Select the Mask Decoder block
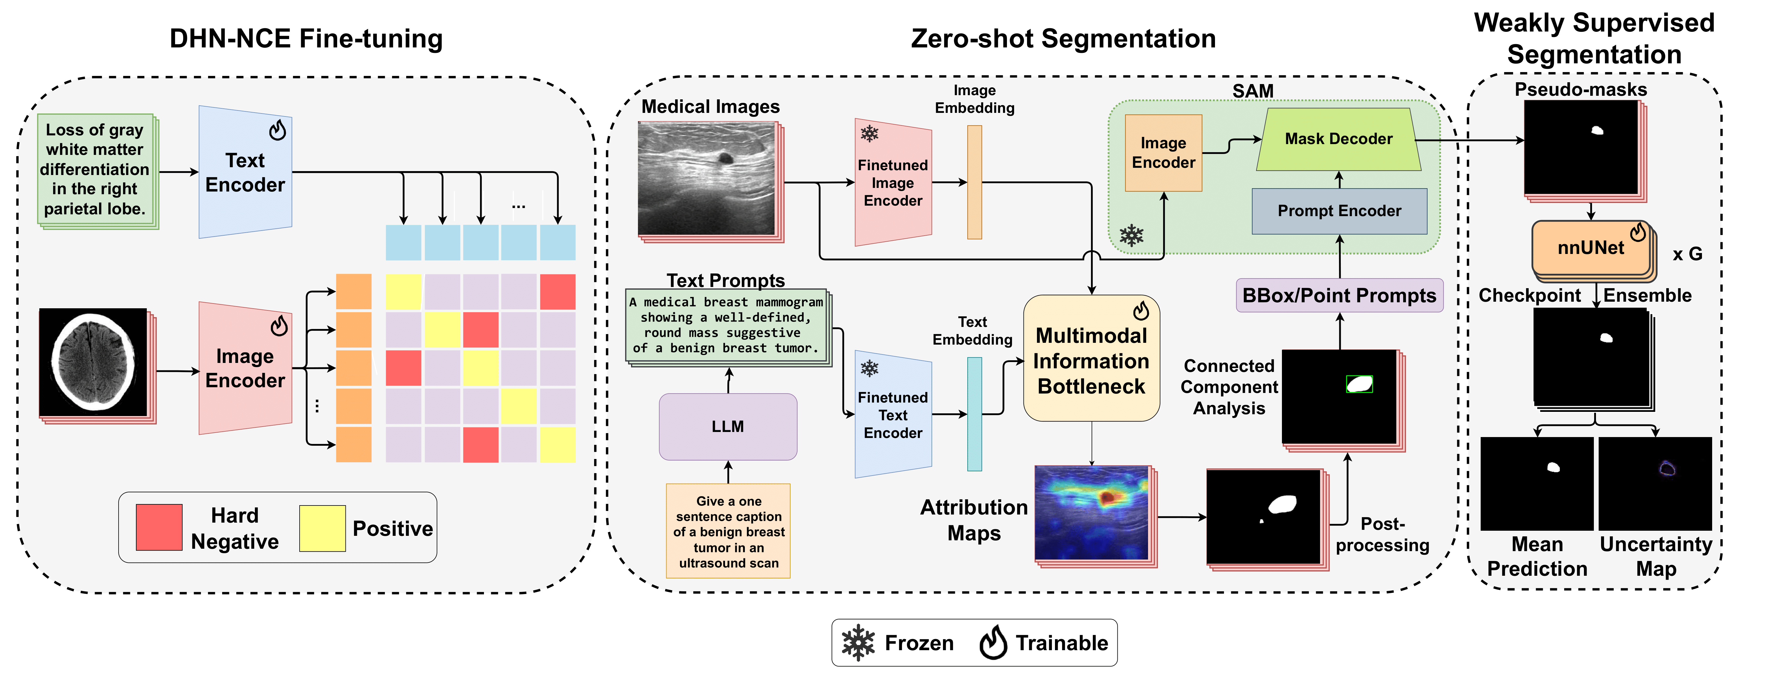[1338, 139]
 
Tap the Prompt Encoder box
[1339, 211]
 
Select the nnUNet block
[1590, 249]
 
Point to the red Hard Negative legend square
[159, 527]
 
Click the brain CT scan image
[94, 363]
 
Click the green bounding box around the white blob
[1359, 384]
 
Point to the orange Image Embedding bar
[975, 182]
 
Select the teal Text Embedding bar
[975, 414]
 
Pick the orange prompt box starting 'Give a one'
[728, 531]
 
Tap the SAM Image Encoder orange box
[1163, 153]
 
